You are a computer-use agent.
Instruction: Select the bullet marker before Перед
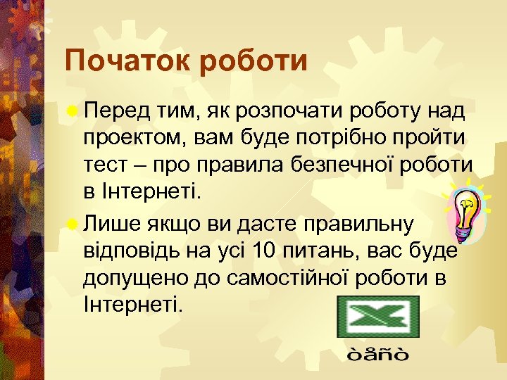72,111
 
